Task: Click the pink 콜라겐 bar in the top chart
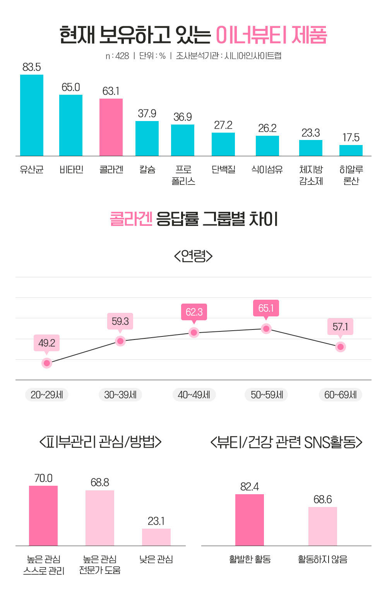111,127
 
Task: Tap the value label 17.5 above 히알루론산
351,137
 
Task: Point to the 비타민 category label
71,170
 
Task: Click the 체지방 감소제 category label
311,175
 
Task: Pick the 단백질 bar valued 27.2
223,144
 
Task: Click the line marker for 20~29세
47,363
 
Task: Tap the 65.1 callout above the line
266,308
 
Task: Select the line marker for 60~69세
341,347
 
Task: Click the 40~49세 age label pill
194,395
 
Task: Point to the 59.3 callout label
120,321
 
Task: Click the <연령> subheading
193,256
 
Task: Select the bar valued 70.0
43,516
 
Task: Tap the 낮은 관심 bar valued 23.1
156,537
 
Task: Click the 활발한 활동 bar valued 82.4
250,520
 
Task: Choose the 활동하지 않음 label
323,559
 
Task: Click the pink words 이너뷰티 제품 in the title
271,36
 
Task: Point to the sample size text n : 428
117,56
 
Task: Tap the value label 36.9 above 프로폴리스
183,117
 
